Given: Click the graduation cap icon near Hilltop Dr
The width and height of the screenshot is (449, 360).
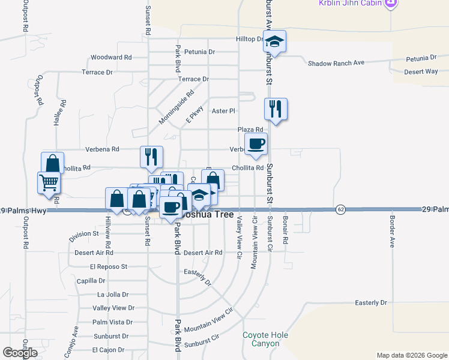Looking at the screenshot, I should [x=275, y=41].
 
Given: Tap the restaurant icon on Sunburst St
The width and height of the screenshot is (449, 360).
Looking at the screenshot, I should [x=276, y=109].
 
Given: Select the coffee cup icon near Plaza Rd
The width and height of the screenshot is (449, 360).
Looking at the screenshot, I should [x=256, y=144].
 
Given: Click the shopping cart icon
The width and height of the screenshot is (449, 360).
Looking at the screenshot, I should [x=49, y=182].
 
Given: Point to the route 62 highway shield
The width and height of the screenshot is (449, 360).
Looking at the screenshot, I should [x=340, y=209].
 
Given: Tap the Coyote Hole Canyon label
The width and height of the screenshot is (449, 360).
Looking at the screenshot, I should [x=265, y=339].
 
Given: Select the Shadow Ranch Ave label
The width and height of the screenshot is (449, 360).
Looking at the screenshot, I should [x=336, y=63].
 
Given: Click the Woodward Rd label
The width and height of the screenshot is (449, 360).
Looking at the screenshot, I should [x=111, y=58].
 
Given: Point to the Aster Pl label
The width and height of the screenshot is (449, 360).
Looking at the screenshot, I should [x=223, y=111].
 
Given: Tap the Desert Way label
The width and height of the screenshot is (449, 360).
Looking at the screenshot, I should [x=421, y=71].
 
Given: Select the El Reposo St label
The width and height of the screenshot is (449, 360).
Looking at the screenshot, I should [x=109, y=266].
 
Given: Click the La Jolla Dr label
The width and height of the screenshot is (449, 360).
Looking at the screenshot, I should [x=113, y=295].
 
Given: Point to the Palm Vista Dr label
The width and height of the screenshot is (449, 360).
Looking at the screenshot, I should [x=112, y=322].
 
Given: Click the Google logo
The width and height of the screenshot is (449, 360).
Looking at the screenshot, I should [x=20, y=353].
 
